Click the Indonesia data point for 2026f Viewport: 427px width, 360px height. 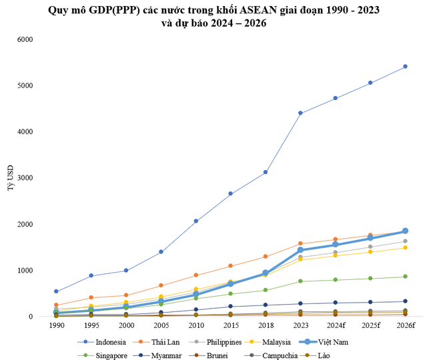pyautogui.click(x=405, y=67)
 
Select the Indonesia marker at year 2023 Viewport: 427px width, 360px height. pyautogui.click(x=300, y=113)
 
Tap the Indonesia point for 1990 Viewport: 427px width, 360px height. pyautogui.click(x=56, y=291)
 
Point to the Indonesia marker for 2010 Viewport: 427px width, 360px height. pyautogui.click(x=195, y=221)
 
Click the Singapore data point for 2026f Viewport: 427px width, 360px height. pyautogui.click(x=405, y=277)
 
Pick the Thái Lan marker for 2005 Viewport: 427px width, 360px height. pyautogui.click(x=161, y=285)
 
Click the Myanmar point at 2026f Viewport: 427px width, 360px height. pyautogui.click(x=405, y=301)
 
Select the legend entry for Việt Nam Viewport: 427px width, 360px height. pyautogui.click(x=334, y=341)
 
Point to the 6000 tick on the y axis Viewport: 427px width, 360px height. pyautogui.click(x=42, y=39)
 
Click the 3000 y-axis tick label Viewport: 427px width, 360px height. pyautogui.click(x=42, y=178)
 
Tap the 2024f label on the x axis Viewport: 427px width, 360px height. pyautogui.click(x=335, y=325)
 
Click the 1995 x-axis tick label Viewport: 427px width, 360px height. pyautogui.click(x=91, y=325)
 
